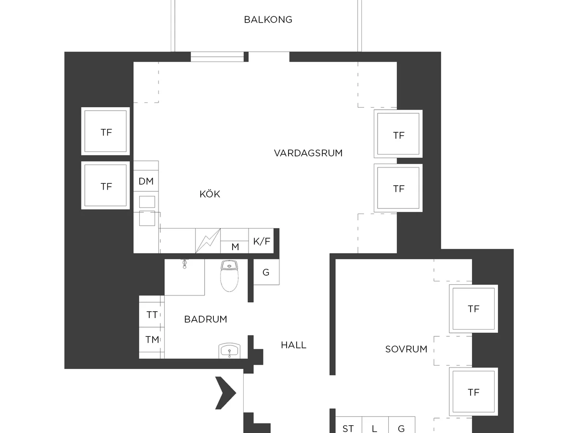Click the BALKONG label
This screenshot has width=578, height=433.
point(268,20)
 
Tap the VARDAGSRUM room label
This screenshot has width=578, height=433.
point(308,153)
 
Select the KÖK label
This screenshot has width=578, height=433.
point(210,194)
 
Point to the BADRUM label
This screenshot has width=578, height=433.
point(206,319)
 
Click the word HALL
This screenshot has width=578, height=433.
point(294,345)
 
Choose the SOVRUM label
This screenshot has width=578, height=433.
point(406,349)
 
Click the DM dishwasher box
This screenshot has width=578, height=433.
point(146,181)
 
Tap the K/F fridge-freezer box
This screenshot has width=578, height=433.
point(261,241)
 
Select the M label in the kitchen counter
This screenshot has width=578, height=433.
point(235,247)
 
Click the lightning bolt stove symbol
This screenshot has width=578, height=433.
point(208,241)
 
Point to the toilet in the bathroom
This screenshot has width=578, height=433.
point(229,276)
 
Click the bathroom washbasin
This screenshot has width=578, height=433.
point(229,351)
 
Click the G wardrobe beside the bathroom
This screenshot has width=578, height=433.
point(266,272)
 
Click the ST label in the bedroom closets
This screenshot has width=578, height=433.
point(348,429)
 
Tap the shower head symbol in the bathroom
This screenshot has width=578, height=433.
point(184,264)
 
